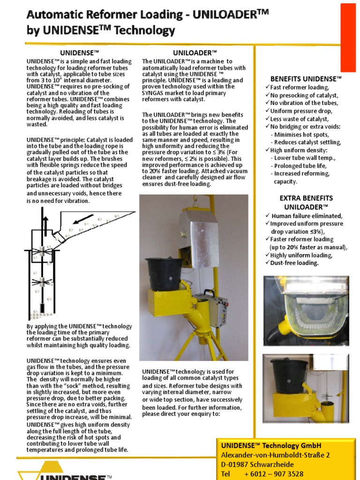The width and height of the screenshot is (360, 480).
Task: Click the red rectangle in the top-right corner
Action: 348,35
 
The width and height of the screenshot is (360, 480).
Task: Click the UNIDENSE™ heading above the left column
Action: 78,52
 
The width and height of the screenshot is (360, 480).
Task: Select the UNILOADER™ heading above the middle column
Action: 195,52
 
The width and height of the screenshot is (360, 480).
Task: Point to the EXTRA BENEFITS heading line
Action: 306,198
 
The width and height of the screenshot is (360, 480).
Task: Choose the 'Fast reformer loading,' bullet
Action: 300,87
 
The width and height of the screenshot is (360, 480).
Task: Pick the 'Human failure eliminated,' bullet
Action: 307,216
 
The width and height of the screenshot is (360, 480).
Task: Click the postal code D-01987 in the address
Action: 239,464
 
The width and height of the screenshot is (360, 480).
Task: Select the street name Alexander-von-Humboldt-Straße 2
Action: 276,455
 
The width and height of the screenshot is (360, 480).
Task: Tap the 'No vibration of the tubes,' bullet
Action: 304,103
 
